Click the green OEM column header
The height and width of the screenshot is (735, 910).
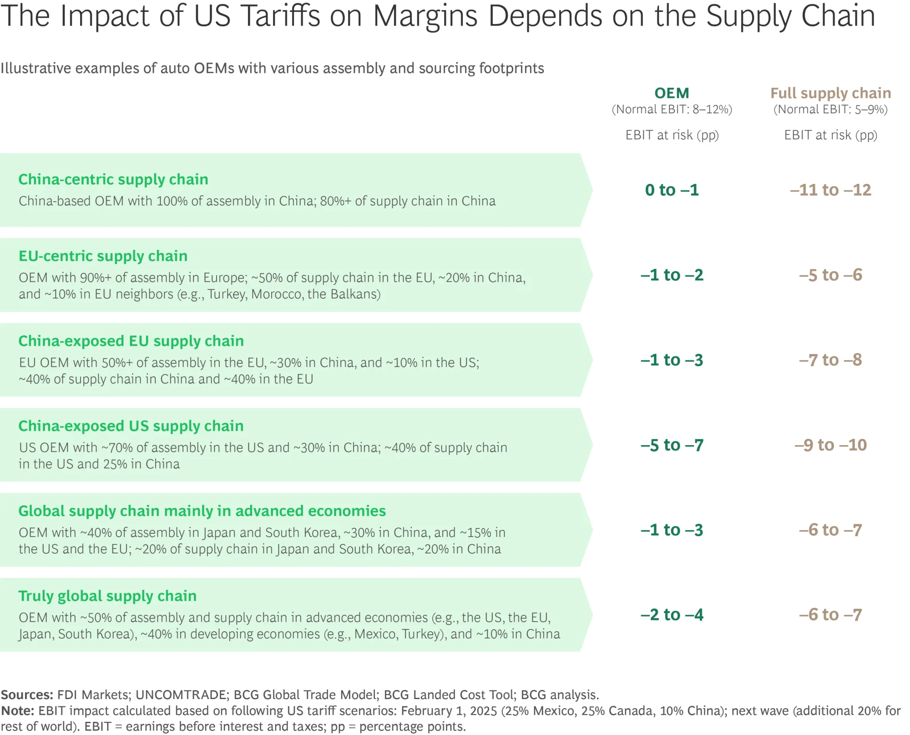[672, 93]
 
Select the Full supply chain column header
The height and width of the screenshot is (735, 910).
[830, 93]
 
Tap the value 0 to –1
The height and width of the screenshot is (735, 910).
[672, 190]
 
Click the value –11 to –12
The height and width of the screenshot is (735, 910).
[830, 190]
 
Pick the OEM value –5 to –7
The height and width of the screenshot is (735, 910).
[672, 445]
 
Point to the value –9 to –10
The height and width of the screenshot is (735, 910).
[830, 445]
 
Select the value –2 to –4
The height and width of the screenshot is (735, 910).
[672, 615]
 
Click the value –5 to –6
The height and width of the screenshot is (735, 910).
[830, 275]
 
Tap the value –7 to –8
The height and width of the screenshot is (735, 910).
[830, 360]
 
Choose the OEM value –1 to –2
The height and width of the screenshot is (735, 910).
[672, 275]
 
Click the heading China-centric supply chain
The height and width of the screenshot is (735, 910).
[113, 179]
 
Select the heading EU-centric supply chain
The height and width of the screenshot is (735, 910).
[103, 256]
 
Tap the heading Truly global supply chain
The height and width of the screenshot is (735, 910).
[107, 596]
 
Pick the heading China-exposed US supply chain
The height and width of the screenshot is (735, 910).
[131, 426]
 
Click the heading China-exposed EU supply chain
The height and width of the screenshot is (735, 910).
[131, 341]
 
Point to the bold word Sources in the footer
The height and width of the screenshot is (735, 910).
[27, 695]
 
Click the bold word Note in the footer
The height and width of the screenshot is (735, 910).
[17, 711]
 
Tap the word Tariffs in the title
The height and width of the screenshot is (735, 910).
[280, 16]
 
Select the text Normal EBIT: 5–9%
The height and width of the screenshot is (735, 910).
[830, 110]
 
